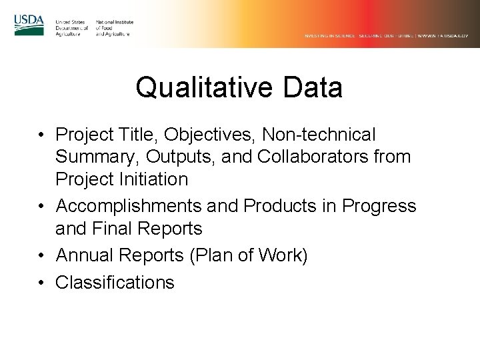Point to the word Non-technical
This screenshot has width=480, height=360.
pyautogui.click(x=324, y=135)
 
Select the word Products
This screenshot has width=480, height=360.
pyautogui.click(x=280, y=207)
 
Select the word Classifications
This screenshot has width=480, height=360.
pyautogui.click(x=115, y=283)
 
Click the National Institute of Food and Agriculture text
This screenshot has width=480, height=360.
pyautogui.click(x=115, y=28)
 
